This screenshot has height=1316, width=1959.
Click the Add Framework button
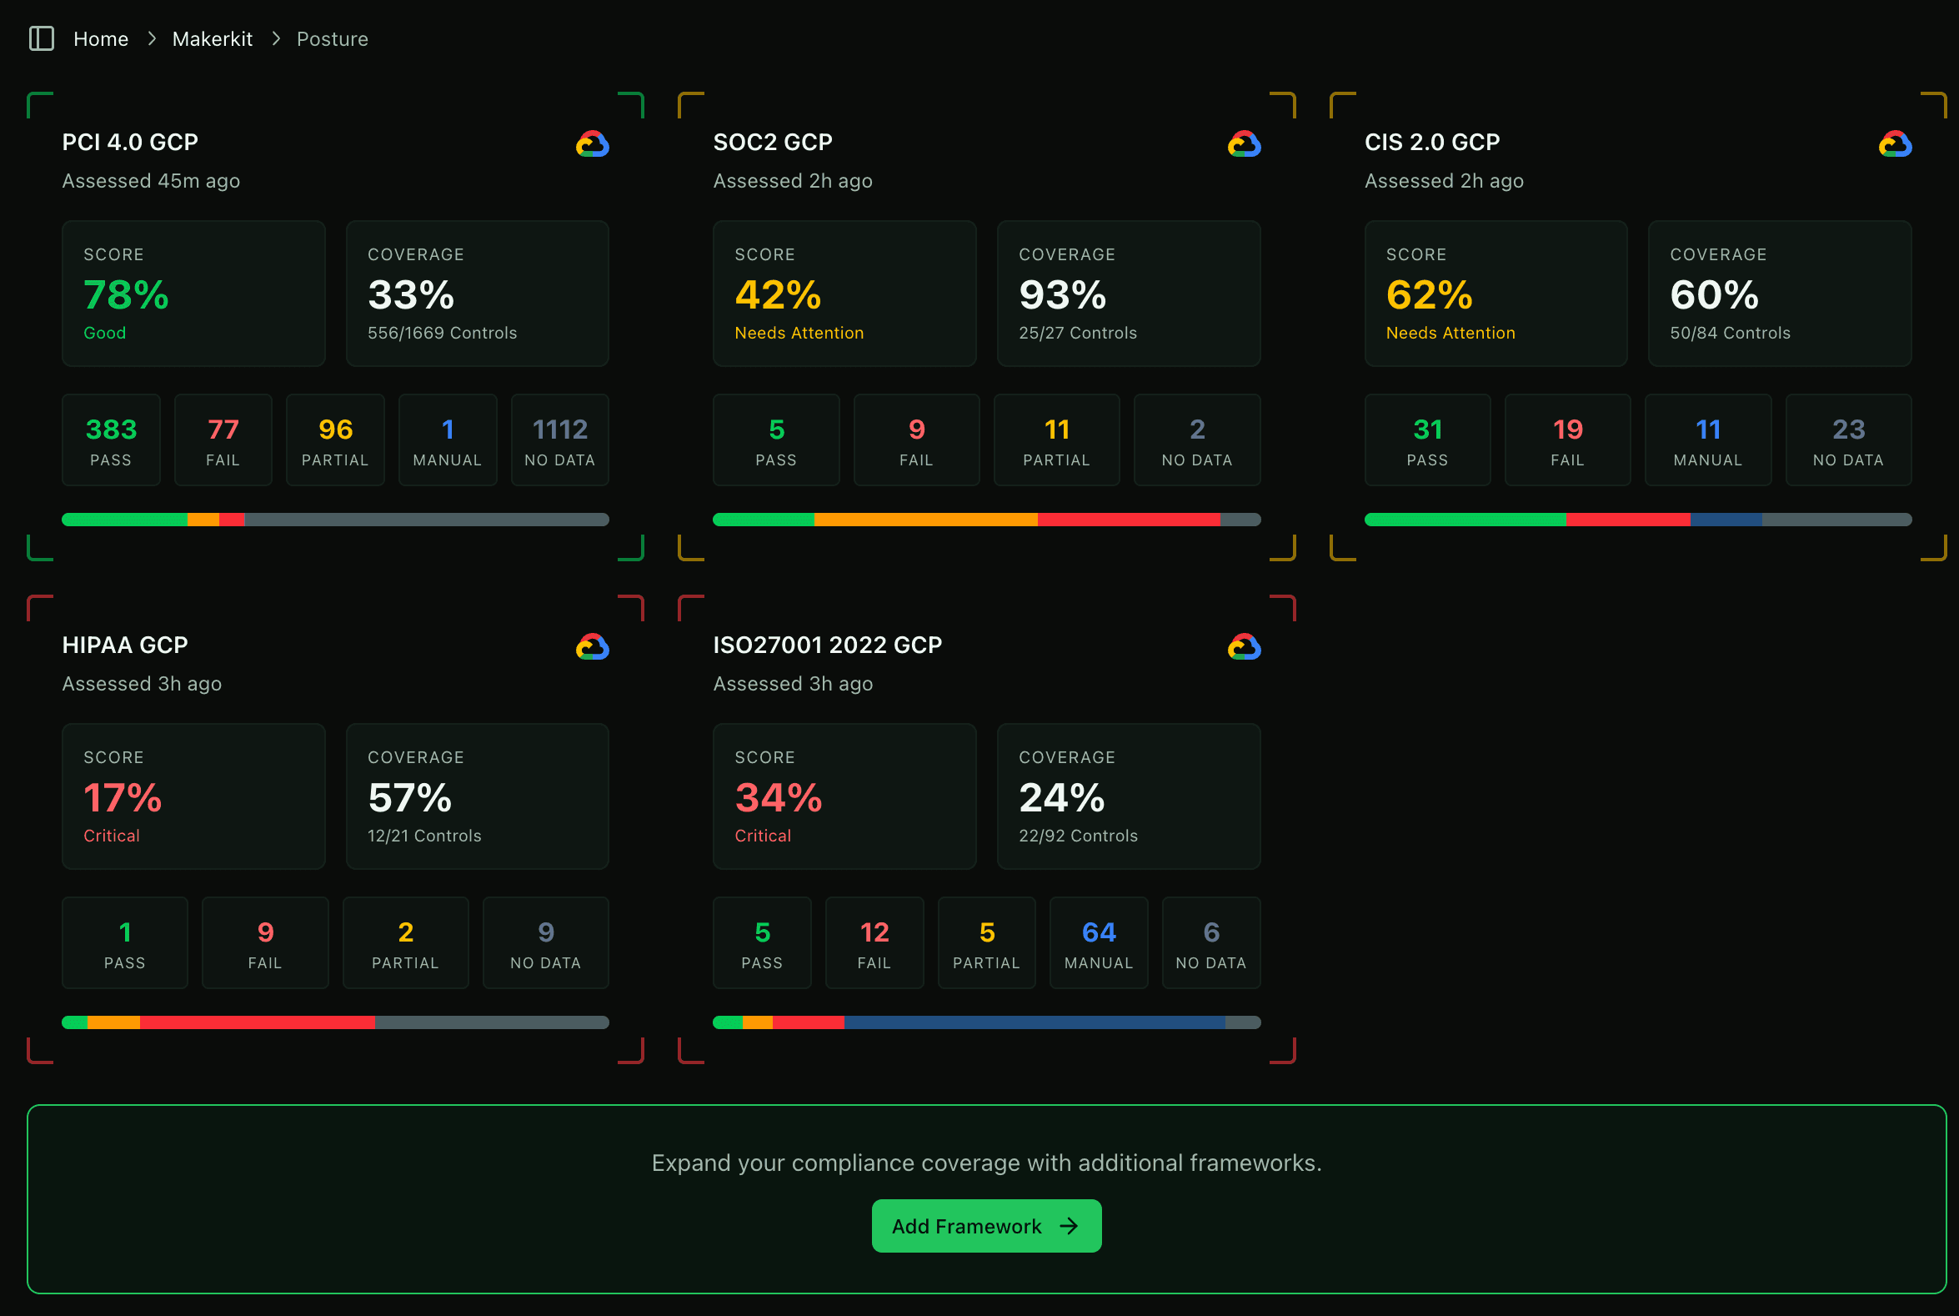[986, 1226]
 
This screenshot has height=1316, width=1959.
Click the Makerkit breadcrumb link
[213, 39]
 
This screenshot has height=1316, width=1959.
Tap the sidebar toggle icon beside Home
[41, 38]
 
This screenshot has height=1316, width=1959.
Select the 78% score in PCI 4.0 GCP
[127, 295]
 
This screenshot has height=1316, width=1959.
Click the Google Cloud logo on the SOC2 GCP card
[1244, 144]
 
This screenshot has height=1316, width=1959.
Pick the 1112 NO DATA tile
[559, 440]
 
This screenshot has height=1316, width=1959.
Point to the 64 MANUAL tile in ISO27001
[1098, 943]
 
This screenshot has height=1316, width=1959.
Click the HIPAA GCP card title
[125, 645]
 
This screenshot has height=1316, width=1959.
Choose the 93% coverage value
[1062, 295]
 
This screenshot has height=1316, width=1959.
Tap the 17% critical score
[123, 798]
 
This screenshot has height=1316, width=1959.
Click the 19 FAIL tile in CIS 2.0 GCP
[1566, 440]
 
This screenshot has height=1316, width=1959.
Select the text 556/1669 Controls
[442, 334]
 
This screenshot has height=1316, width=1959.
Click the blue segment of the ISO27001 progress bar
[1034, 1022]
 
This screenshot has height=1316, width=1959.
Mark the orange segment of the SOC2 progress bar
[925, 520]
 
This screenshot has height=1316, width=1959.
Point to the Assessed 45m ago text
[151, 181]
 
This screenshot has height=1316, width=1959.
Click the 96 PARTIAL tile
[335, 440]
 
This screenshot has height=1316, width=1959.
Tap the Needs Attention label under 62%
[1450, 334]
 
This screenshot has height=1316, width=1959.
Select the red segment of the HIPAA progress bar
[257, 1022]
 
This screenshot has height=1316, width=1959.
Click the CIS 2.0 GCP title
[1431, 142]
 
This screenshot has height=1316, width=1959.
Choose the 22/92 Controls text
[1077, 836]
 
